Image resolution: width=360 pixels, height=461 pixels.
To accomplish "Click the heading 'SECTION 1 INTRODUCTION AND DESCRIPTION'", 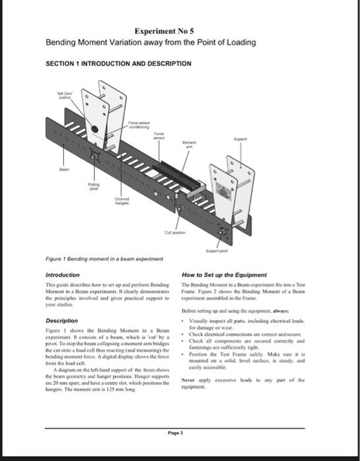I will (118, 64).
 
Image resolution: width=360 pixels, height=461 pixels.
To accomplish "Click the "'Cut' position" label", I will (176, 232).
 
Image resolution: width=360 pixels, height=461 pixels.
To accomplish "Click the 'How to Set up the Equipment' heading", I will (224, 275).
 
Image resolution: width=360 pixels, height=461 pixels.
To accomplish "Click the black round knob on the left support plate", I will (95, 129).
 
